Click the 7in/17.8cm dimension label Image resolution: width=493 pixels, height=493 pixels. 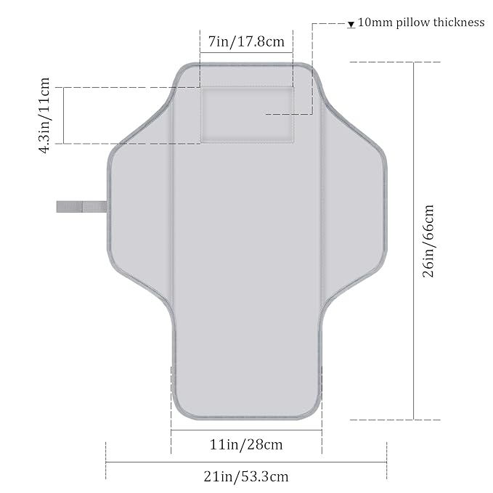246,41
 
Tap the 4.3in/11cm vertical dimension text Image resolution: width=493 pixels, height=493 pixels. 44,115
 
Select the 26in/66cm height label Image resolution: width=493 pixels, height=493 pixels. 428,241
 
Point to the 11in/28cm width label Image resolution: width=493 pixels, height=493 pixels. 246,444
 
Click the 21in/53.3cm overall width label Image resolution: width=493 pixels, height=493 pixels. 246,476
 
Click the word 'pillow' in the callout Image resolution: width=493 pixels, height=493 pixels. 413,23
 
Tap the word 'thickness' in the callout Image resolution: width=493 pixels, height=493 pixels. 459,23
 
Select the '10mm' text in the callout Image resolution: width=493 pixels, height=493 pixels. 375,23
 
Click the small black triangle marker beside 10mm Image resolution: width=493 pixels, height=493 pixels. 351,25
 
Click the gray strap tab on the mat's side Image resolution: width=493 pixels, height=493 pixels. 81,207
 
